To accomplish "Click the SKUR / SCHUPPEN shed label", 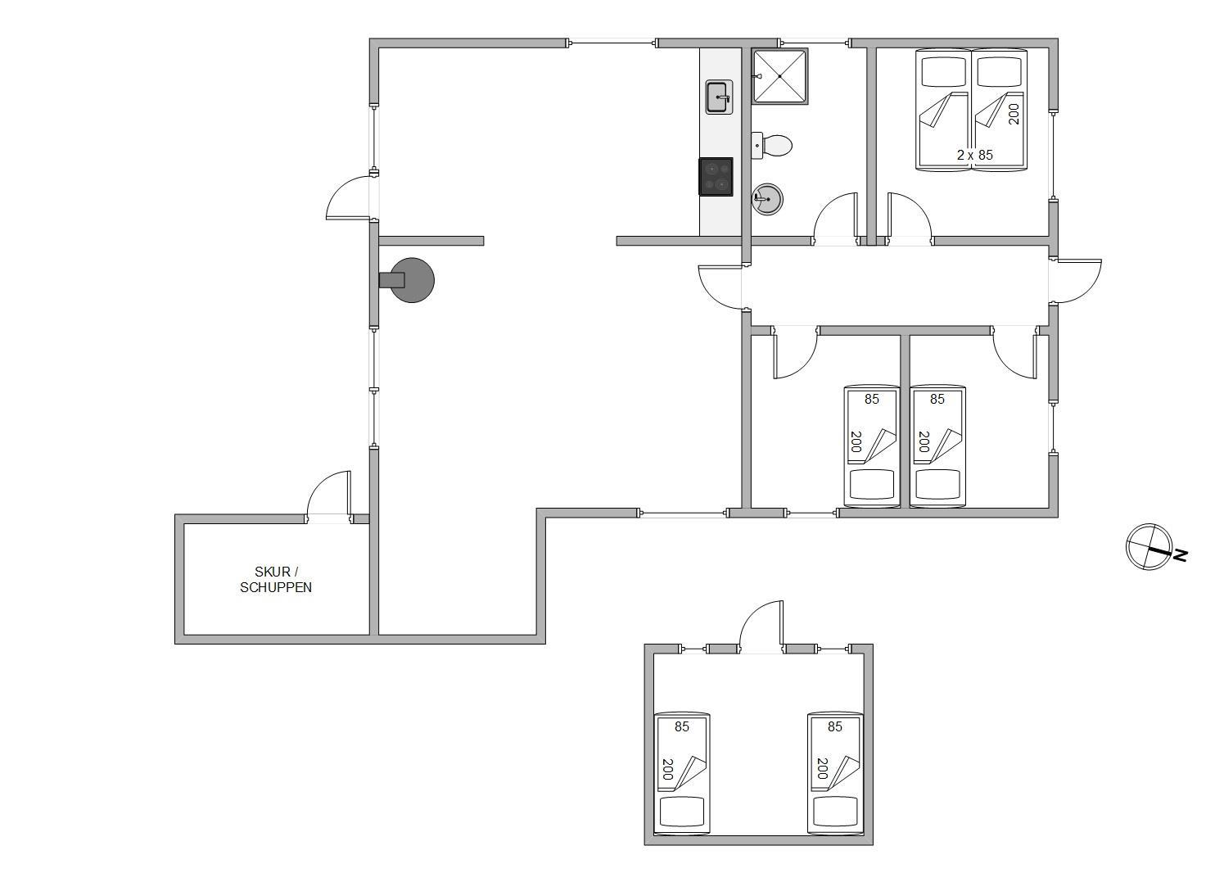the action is tap(276, 580).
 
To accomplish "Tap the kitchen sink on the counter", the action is tap(719, 97).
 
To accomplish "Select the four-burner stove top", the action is tap(716, 176).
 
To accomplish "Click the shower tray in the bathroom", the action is tap(779, 76).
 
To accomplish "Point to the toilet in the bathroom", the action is tap(772, 146).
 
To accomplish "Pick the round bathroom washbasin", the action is tap(767, 199).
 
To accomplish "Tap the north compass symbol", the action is tap(1149, 546).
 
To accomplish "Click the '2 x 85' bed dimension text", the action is tap(975, 155).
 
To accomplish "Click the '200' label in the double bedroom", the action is tap(1014, 114).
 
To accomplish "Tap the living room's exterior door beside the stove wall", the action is tap(350, 198).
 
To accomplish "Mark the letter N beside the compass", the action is tap(1181, 555).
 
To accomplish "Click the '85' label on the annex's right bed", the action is tap(835, 726).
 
